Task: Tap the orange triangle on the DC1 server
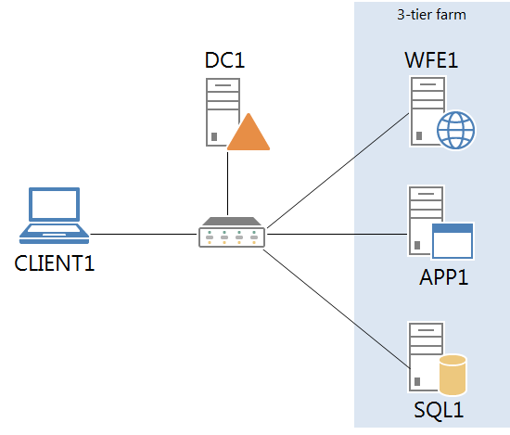248,134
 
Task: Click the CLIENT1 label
55,262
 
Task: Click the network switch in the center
232,234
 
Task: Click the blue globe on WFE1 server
455,131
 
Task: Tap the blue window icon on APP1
453,240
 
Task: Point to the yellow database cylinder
453,375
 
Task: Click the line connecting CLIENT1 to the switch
144,234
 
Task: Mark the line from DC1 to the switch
227,181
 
